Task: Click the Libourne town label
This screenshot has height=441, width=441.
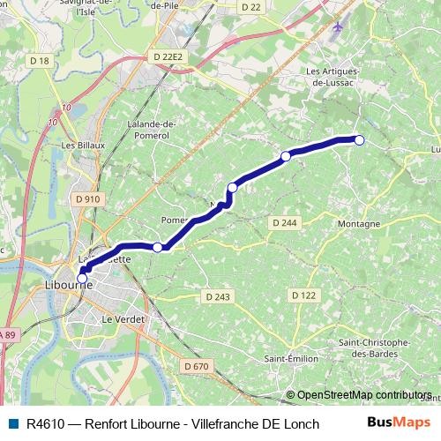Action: (68, 286)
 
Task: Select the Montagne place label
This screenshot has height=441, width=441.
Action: (358, 224)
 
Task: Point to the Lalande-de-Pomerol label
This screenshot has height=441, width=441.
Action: (154, 130)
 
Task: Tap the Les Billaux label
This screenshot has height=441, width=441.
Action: (78, 145)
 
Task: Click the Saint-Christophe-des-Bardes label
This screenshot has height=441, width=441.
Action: (373, 347)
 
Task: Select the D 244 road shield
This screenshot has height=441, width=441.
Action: (285, 223)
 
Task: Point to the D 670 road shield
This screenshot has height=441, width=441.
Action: (198, 366)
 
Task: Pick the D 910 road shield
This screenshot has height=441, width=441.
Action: (88, 199)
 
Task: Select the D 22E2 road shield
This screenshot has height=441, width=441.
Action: (167, 56)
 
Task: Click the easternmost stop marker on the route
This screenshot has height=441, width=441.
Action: (359, 138)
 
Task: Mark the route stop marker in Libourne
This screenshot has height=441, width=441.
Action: (82, 279)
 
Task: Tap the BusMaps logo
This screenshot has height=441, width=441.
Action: (399, 422)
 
